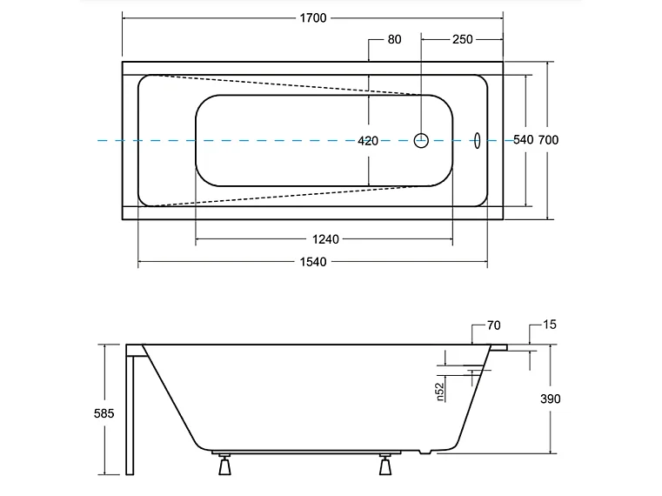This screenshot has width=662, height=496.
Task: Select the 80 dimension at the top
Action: pyautogui.click(x=394, y=40)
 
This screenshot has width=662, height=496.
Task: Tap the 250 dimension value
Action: pyautogui.click(x=462, y=40)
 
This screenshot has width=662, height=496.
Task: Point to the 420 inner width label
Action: pyautogui.click(x=368, y=141)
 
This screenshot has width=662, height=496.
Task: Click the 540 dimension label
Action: pyautogui.click(x=523, y=140)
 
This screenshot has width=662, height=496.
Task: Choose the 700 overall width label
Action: pyautogui.click(x=548, y=140)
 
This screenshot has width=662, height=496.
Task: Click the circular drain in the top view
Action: pyautogui.click(x=422, y=140)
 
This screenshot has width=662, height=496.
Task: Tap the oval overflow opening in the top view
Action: pyautogui.click(x=477, y=140)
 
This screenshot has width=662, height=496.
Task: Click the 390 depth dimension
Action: pyautogui.click(x=550, y=399)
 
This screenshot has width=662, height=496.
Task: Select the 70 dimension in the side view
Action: pyautogui.click(x=493, y=325)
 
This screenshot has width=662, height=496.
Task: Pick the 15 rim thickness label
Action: pyautogui.click(x=549, y=325)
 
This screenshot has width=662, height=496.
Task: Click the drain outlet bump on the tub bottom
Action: pyautogui.click(x=425, y=453)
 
